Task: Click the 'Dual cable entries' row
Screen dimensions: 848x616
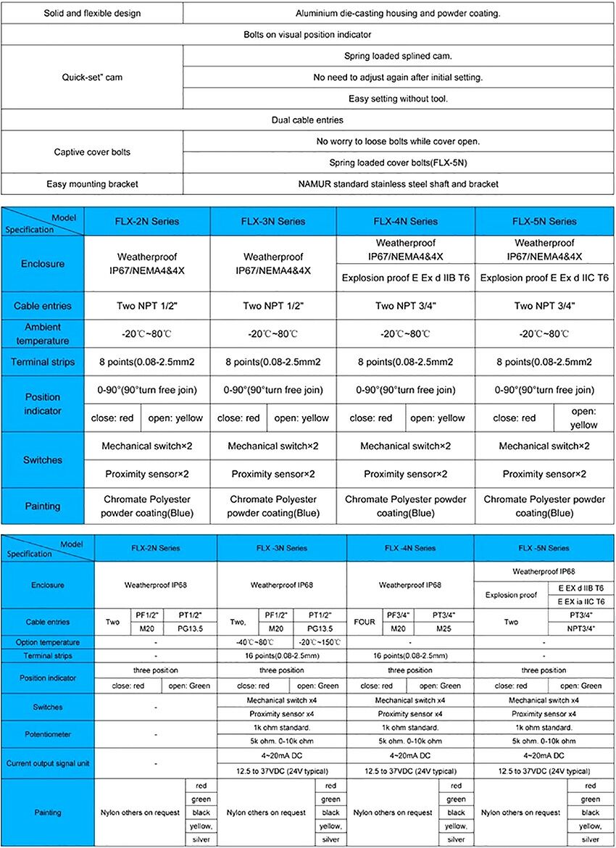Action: click(307, 120)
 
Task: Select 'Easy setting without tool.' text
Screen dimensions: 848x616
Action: click(398, 99)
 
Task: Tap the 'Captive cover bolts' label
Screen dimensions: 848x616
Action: click(92, 151)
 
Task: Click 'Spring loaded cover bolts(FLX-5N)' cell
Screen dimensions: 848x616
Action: click(399, 162)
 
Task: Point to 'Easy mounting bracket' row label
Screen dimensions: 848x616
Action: click(92, 184)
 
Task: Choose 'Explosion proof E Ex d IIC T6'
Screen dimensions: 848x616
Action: click(544, 278)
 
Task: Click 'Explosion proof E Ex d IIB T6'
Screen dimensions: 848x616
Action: click(406, 278)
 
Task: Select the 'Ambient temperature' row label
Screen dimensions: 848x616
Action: click(43, 334)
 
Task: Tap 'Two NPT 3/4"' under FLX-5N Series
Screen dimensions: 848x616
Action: click(544, 306)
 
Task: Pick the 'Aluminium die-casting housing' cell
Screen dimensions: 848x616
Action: click(398, 13)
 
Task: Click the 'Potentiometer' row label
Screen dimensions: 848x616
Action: click(48, 734)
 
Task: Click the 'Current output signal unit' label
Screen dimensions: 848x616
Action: click(48, 763)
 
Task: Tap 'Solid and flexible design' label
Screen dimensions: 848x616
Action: click(92, 13)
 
